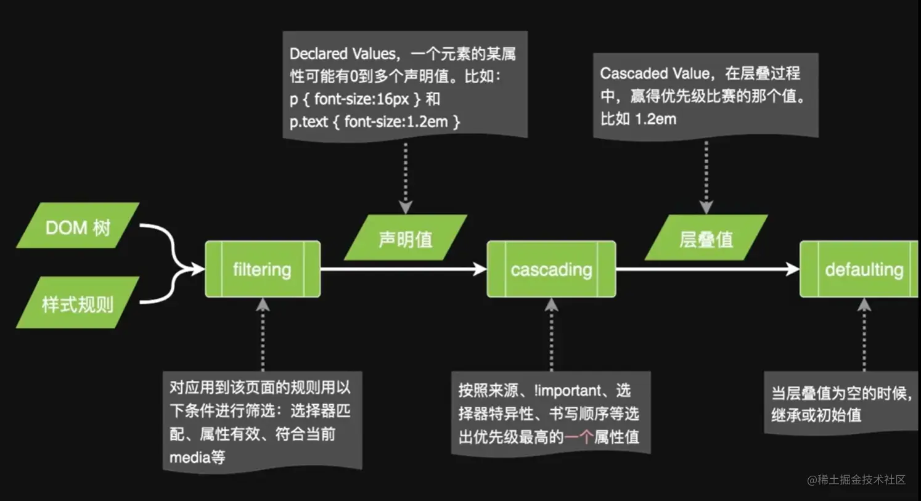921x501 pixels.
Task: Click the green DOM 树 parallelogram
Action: (78, 226)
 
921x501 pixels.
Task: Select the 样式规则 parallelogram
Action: (78, 303)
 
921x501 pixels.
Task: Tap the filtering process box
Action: (263, 269)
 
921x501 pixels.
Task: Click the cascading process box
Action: (551, 269)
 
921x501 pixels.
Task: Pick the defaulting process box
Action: (863, 269)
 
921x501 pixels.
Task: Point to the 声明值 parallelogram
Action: (406, 238)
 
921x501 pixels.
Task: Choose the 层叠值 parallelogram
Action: (706, 238)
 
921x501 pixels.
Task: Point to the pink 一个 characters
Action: (579, 437)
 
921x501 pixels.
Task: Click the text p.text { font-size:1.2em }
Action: (374, 121)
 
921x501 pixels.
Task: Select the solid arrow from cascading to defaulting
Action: (706, 269)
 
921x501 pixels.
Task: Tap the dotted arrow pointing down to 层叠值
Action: (706, 176)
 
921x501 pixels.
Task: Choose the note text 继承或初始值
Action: (816, 415)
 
